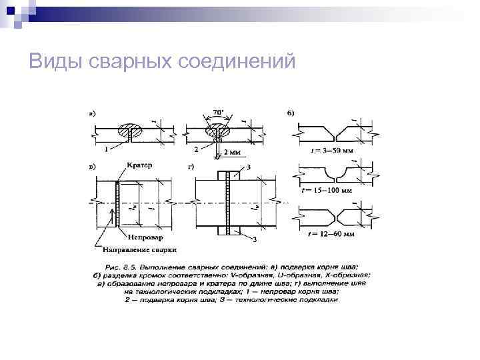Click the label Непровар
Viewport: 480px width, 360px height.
144,236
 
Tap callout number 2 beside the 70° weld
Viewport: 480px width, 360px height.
196,149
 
